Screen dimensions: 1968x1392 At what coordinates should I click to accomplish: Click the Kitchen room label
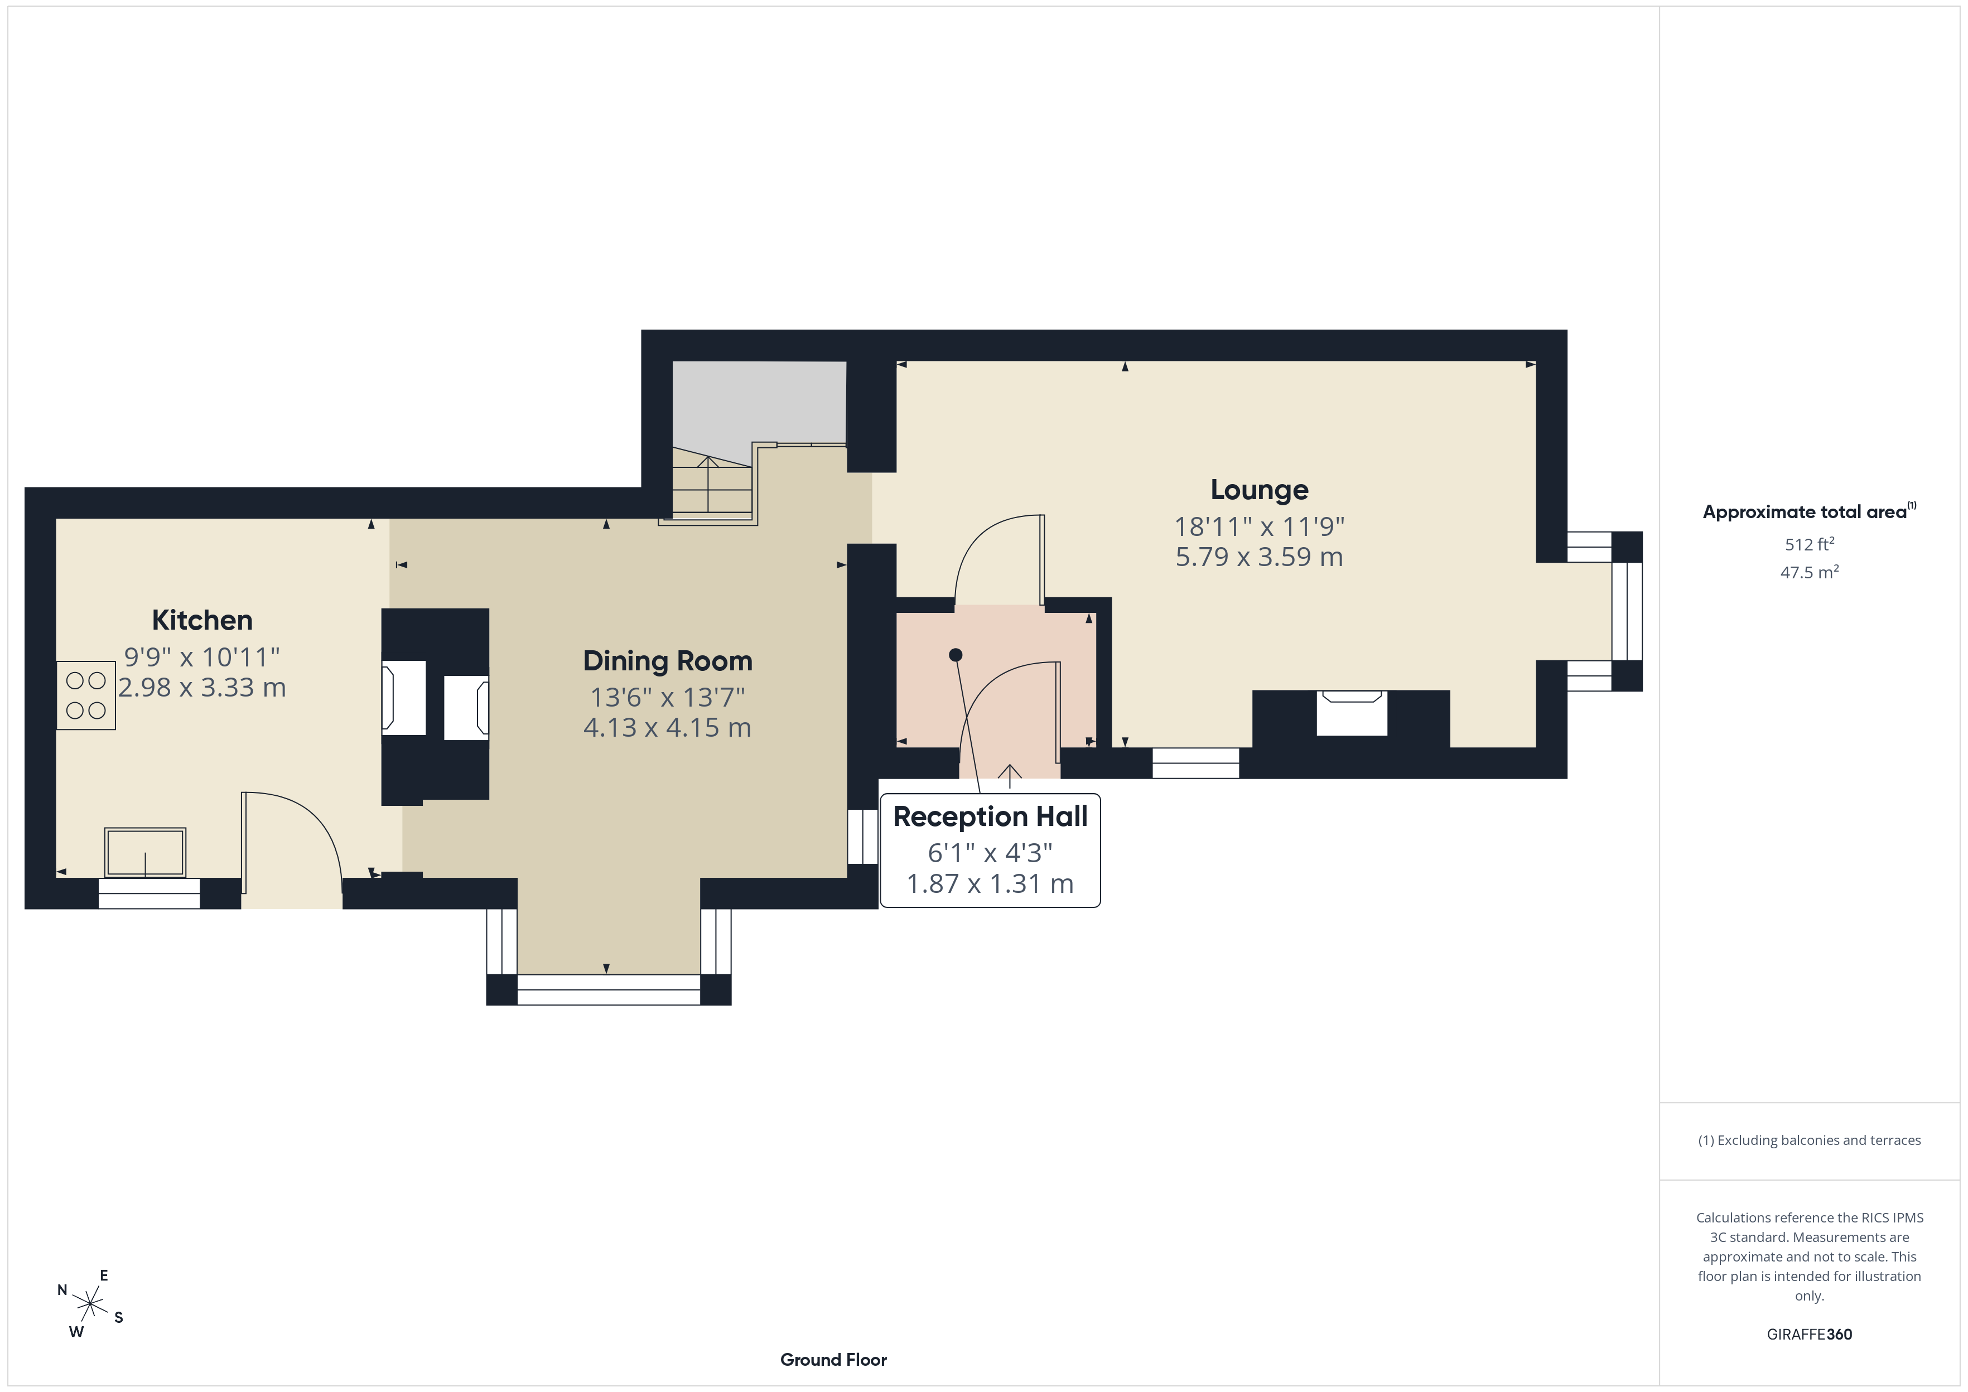point(202,620)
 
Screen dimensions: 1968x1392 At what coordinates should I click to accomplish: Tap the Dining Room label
point(668,661)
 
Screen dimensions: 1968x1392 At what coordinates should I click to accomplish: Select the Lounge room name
point(1259,490)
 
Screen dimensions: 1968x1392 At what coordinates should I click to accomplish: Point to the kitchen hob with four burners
point(86,695)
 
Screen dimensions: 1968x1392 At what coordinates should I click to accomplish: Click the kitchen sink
point(145,852)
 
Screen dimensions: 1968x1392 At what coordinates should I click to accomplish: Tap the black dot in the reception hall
point(956,655)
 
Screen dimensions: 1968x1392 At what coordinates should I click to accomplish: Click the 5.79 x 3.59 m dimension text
point(1259,557)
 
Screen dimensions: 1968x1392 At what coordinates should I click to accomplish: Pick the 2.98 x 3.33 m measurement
point(202,688)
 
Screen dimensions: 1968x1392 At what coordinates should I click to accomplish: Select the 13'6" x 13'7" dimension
point(668,697)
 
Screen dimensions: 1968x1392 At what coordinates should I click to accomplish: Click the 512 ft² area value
point(1810,544)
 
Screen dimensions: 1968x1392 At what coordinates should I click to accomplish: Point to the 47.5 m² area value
point(1810,572)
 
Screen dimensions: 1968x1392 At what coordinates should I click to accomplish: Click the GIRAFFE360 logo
point(1810,1335)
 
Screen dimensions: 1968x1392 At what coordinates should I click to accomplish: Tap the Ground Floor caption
point(833,1360)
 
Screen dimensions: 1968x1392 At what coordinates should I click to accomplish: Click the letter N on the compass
point(62,1290)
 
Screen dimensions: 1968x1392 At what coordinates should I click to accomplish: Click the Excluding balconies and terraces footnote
point(1810,1140)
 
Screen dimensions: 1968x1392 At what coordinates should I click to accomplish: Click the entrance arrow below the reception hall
point(1010,776)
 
